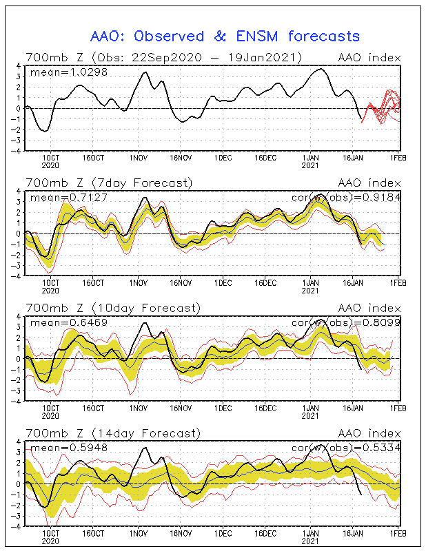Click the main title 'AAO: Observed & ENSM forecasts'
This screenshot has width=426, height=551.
click(225, 36)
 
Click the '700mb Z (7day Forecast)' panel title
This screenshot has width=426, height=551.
click(108, 183)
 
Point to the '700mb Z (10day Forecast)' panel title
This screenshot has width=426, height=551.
click(112, 308)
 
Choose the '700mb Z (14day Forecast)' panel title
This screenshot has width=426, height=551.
click(112, 433)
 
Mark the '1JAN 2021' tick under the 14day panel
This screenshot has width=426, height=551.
click(310, 537)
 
